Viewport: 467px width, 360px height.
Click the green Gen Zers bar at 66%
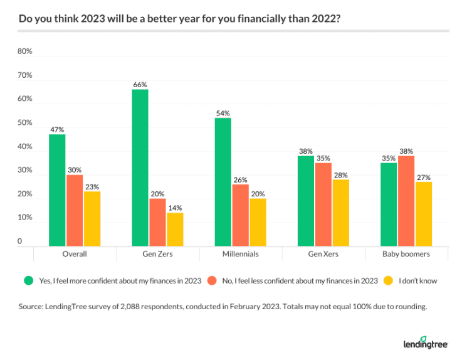[x=140, y=167]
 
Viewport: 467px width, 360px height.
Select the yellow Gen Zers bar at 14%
[x=175, y=230]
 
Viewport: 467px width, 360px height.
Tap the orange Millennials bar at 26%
[x=241, y=215]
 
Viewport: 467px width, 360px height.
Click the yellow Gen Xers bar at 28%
[x=340, y=213]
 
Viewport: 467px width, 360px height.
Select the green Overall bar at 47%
[x=58, y=190]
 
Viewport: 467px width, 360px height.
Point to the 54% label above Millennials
[x=223, y=113]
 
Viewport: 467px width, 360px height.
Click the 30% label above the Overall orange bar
[x=75, y=170]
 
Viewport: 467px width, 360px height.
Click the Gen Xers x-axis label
[x=323, y=255]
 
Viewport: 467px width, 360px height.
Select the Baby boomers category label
[x=406, y=255]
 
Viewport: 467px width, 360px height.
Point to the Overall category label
[x=75, y=255]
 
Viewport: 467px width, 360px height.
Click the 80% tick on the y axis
[x=24, y=51]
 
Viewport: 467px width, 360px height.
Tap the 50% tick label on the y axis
[x=24, y=123]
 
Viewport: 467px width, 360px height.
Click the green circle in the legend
[x=27, y=281]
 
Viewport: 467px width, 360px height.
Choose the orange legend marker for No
[x=213, y=281]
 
